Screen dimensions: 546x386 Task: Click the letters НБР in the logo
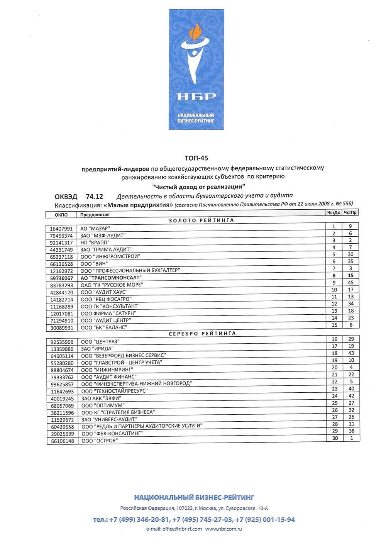(196, 96)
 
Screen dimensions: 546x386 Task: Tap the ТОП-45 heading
(196, 158)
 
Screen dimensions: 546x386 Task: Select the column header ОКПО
(61, 215)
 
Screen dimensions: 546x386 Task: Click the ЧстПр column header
(350, 212)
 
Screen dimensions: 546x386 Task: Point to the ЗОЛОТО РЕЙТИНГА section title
(201, 220)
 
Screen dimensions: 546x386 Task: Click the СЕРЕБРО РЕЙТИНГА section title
(202, 333)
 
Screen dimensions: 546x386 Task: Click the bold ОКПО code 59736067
(61, 278)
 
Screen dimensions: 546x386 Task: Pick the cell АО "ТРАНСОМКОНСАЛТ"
(111, 278)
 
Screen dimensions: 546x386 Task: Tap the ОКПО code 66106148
(62, 441)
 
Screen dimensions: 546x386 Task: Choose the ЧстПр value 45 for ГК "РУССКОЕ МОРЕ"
(350, 283)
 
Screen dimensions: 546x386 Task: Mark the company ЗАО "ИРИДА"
(97, 349)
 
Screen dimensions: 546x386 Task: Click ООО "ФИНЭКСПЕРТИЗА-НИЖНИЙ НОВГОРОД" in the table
(136, 384)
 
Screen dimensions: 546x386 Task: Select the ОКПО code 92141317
(61, 243)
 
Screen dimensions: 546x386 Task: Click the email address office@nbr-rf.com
(182, 529)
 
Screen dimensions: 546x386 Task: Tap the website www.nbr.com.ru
(223, 529)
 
